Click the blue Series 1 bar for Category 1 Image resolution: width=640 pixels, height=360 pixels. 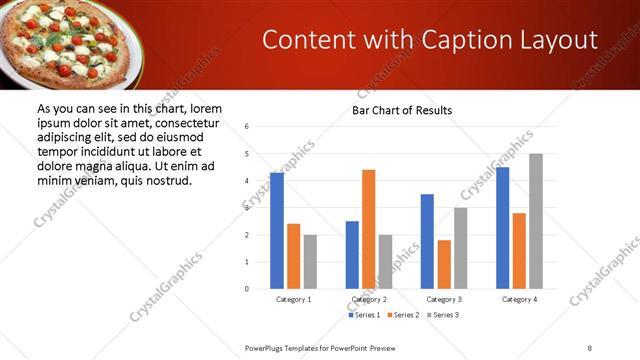pyautogui.click(x=277, y=230)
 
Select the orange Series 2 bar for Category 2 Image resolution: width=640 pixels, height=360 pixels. pyautogui.click(x=368, y=229)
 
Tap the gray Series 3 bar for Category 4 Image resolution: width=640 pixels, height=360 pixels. pyautogui.click(x=536, y=221)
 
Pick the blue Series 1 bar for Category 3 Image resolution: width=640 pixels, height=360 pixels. pyautogui.click(x=427, y=241)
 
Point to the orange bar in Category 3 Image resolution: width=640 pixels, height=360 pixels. pyautogui.click(x=444, y=264)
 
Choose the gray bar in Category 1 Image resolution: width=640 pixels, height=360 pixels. pyautogui.click(x=310, y=261)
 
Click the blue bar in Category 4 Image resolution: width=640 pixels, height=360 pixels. pyautogui.click(x=502, y=227)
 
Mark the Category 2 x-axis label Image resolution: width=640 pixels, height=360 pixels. pyautogui.click(x=368, y=300)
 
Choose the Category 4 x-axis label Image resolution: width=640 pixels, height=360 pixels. pyautogui.click(x=519, y=300)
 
